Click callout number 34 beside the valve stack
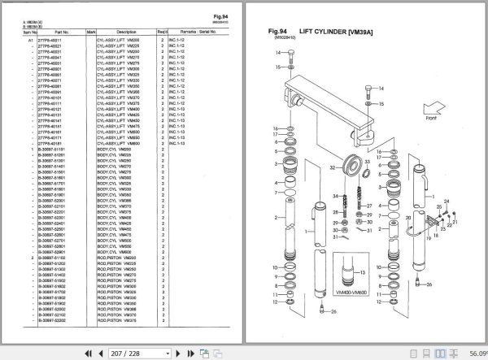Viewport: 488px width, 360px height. [333, 196]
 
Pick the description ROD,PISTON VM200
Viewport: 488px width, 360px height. [120, 257]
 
